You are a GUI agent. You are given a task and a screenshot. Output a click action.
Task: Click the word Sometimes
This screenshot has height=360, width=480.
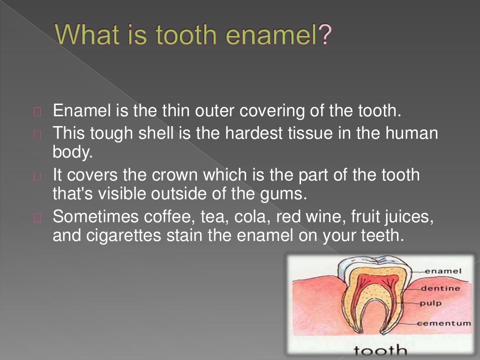coord(89,217)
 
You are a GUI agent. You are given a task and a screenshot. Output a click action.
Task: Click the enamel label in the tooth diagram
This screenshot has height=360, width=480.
coord(442,271)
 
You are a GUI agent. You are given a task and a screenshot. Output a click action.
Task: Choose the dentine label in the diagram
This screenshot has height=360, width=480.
coord(440,288)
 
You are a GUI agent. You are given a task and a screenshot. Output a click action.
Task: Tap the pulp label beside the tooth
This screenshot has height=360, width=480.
coord(430,303)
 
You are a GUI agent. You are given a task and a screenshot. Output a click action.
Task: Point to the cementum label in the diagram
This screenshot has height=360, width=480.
coord(444,323)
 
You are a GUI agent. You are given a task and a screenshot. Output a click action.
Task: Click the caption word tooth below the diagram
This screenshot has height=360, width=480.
coord(380,349)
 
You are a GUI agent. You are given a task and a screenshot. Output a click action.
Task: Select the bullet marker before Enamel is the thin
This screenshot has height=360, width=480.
coord(38,112)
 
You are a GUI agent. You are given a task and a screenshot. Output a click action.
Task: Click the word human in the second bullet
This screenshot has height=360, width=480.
coord(412,134)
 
